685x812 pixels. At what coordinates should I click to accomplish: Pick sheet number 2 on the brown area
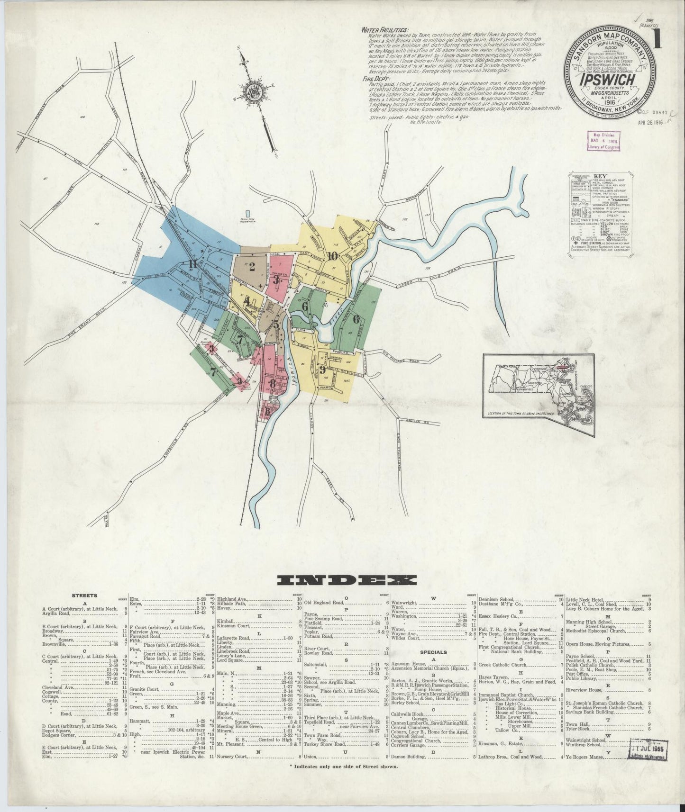coord(252,267)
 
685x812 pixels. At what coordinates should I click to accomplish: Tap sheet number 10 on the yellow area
coord(332,256)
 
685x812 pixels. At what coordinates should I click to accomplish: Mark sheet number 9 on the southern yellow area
coord(322,369)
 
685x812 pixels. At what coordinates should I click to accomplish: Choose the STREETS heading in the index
coord(84,595)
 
